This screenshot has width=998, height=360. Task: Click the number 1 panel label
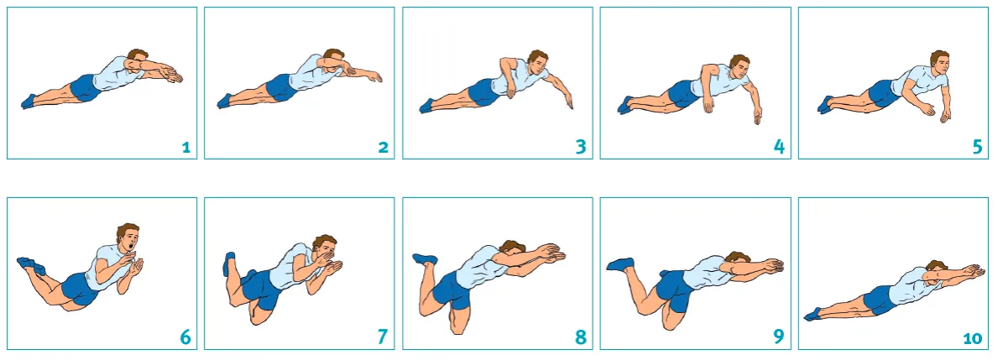coord(185,149)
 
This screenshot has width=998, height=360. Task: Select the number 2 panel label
coord(383,149)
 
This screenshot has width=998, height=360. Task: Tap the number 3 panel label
coord(580,148)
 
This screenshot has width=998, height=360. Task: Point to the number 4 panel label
coord(779,148)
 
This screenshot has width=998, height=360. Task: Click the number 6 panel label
coord(185,338)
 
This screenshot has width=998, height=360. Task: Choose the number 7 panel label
coord(383,338)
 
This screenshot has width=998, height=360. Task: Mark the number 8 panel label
coord(580,338)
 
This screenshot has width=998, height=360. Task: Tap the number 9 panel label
coord(779,338)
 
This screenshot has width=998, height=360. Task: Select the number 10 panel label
coord(972,339)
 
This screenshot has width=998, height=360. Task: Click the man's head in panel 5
coord(939,64)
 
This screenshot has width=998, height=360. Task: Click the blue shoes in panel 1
coord(28,102)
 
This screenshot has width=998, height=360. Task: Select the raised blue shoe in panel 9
coord(619,264)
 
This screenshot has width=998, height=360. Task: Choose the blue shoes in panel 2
coord(225,101)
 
